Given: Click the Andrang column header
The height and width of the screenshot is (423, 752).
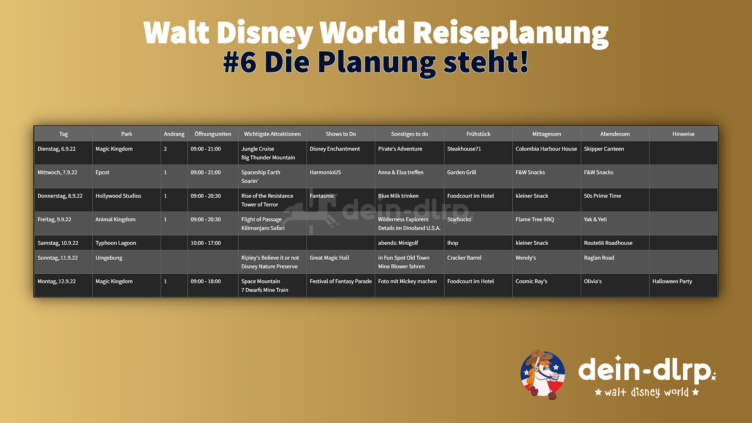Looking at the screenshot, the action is coord(174,134).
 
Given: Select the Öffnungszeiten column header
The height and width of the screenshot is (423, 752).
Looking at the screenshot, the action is coord(213,134).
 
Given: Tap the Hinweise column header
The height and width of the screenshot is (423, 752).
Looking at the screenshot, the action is coord(683,134).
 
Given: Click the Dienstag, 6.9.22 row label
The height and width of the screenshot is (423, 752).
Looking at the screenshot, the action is coord(56,149).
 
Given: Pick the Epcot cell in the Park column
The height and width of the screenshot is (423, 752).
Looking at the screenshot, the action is coord(102,172).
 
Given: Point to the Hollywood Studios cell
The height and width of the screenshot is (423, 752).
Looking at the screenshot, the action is coord(118,196).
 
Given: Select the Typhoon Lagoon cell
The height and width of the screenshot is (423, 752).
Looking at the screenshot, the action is coord(116,243).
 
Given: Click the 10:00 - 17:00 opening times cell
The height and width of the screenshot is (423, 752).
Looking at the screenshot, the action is coord(206,243).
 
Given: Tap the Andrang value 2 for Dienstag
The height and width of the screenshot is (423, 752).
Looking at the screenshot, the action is coord(165,149).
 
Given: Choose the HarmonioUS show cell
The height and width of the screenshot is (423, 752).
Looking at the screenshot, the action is coord(325,172).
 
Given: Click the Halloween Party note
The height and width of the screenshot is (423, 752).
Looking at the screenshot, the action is coord(672,281).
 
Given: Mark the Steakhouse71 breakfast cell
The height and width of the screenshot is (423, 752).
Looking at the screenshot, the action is coord(464,149).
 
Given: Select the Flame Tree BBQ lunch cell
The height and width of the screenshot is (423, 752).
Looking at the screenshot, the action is coord(535,219).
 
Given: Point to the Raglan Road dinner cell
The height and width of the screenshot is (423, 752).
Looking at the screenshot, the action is coord(599,258).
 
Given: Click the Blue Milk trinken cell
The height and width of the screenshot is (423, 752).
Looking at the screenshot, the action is coord(398,196).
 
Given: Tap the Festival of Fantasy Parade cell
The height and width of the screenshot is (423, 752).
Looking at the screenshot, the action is coord(341,281).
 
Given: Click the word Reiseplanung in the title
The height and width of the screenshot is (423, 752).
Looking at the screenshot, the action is coord(510,34).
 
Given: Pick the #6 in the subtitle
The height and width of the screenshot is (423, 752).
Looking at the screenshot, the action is coord(240,62).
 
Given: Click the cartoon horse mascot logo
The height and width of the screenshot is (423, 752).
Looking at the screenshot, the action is coord(543,374).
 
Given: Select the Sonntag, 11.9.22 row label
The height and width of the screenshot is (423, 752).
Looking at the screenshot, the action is coord(58,258).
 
